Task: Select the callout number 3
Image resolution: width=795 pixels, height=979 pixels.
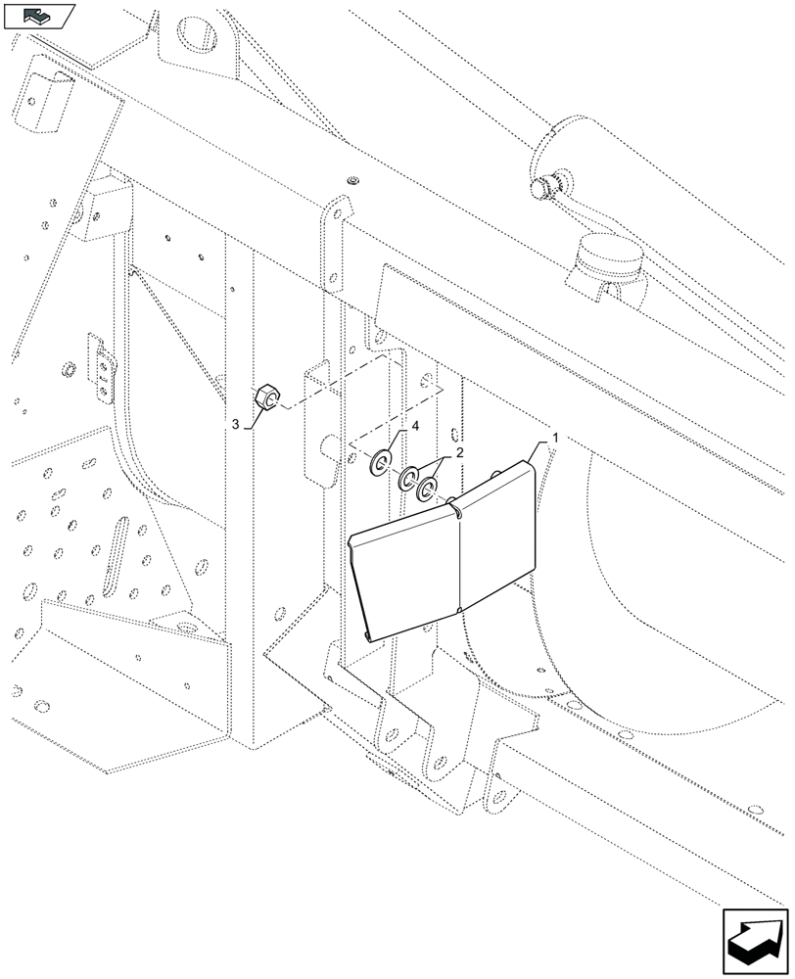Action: click(236, 423)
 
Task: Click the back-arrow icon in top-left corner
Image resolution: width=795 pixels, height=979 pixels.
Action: click(39, 16)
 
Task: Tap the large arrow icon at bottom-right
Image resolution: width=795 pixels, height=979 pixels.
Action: click(755, 940)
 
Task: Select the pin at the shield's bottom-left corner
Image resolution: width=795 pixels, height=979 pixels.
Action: click(366, 637)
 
